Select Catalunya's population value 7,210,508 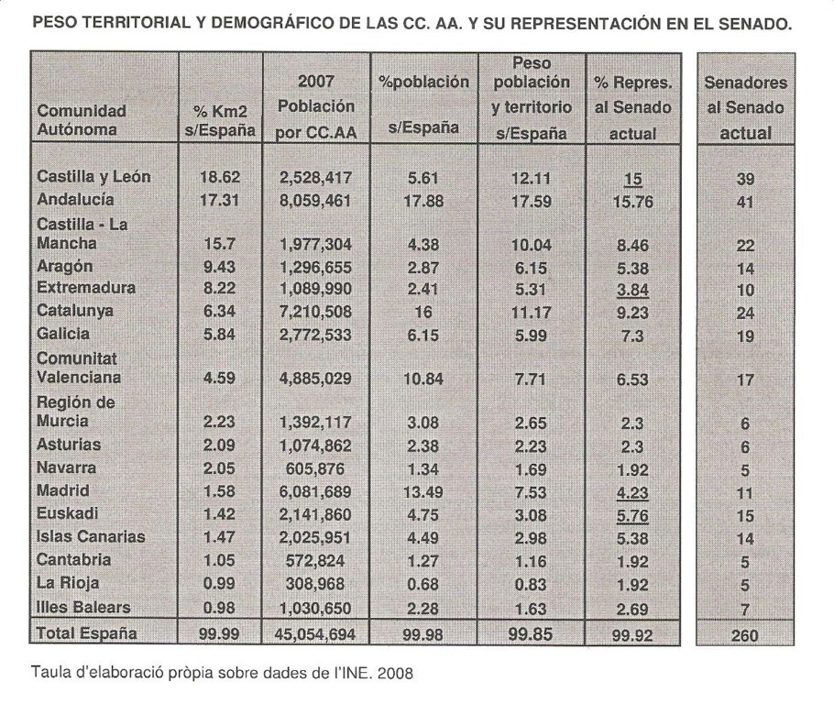tap(313, 311)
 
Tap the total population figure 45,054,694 tap(313, 632)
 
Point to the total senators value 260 tap(745, 632)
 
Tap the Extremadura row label tap(84, 288)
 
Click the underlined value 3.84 tap(636, 289)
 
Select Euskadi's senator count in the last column tap(745, 514)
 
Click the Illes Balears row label tap(83, 607)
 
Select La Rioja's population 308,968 tap(313, 584)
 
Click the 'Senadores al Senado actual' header tap(745, 108)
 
